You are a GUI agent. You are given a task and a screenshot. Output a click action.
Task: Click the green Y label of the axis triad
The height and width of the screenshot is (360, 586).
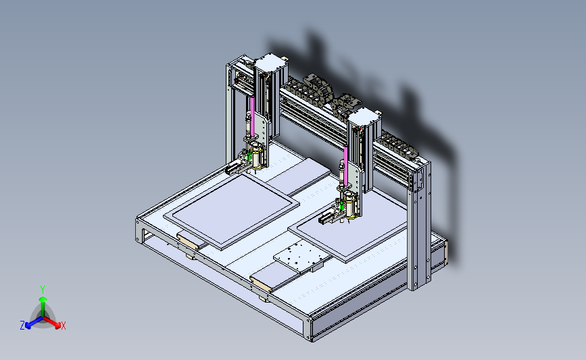[x=43, y=290]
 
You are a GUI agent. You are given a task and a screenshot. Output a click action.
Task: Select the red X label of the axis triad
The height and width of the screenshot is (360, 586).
[x=64, y=326]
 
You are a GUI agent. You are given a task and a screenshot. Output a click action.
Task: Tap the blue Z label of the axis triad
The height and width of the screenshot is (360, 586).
[x=22, y=326]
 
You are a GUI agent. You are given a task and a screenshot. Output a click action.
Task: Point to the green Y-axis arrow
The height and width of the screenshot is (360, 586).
[x=43, y=307]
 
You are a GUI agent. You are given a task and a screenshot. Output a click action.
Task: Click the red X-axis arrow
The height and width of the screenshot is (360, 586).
[x=51, y=323]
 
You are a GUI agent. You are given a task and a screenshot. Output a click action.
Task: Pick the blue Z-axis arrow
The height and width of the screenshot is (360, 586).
[x=34, y=323]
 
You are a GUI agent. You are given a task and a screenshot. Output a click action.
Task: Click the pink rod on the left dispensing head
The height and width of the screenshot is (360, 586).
[x=252, y=115]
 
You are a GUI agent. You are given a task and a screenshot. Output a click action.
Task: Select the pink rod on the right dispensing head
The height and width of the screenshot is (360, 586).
[x=346, y=165]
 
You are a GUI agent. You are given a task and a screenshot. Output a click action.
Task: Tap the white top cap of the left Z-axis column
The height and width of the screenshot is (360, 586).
[x=270, y=61]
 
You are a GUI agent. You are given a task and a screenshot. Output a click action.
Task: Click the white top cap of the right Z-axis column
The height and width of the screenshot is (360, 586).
[x=364, y=116]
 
